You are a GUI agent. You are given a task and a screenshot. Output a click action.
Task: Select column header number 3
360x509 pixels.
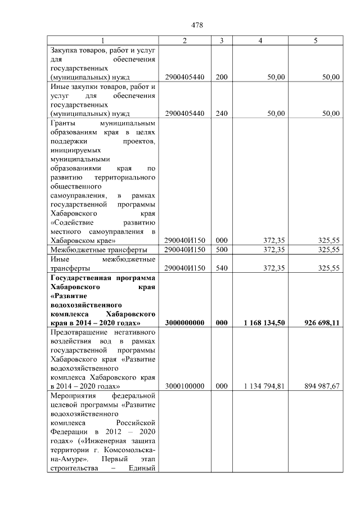tap(222, 40)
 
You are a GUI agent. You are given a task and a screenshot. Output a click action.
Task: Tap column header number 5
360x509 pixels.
tap(316, 40)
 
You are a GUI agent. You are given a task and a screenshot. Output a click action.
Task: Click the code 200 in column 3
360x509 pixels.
tap(222, 77)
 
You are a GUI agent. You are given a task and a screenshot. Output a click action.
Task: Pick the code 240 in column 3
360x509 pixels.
tap(222, 113)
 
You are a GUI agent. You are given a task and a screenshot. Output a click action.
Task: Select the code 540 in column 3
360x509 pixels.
tap(222, 268)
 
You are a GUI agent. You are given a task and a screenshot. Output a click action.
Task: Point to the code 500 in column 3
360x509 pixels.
tap(222, 249)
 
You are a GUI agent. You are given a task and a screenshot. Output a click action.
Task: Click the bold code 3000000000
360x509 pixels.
tap(185, 323)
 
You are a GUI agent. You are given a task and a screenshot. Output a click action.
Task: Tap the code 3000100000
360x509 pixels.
tap(185, 386)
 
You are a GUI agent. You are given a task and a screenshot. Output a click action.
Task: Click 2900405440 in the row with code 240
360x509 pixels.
tap(185, 113)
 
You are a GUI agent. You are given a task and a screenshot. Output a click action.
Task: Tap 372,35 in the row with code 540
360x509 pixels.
tap(273, 268)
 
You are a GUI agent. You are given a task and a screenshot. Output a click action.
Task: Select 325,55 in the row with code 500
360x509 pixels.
tap(328, 249)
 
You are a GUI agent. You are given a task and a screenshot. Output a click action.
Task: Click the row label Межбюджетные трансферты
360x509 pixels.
tap(99, 249)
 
